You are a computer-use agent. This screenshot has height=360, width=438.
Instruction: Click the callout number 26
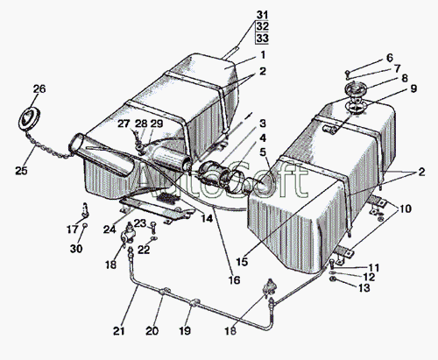pyautogui.click(x=39, y=88)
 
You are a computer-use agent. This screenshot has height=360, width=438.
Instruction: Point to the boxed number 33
pyautogui.click(x=262, y=38)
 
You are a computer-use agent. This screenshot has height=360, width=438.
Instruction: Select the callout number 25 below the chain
pyautogui.click(x=21, y=171)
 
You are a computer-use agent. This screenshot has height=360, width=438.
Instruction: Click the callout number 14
pyautogui.click(x=207, y=218)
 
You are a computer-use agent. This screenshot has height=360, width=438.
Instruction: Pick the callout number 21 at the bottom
pyautogui.click(x=119, y=331)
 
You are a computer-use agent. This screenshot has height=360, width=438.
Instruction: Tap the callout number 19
pyautogui.click(x=185, y=331)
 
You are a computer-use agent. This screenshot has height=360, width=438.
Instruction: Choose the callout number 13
pyautogui.click(x=364, y=288)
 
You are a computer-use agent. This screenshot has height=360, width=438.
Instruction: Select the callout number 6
pyautogui.click(x=390, y=58)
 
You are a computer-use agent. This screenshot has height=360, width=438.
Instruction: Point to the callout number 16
pyautogui.click(x=234, y=280)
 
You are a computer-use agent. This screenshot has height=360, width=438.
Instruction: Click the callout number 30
pyautogui.click(x=76, y=249)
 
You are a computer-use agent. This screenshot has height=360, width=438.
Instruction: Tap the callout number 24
pyautogui.click(x=109, y=229)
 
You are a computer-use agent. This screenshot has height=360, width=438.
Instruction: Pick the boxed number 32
pyautogui.click(x=262, y=26)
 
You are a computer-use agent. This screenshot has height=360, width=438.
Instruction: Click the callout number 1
pyautogui.click(x=263, y=54)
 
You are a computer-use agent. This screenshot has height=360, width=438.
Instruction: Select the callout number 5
pyautogui.click(x=263, y=152)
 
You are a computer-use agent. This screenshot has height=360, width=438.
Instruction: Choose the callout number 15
pyautogui.click(x=242, y=262)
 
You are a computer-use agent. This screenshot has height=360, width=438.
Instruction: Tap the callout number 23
pyautogui.click(x=140, y=223)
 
